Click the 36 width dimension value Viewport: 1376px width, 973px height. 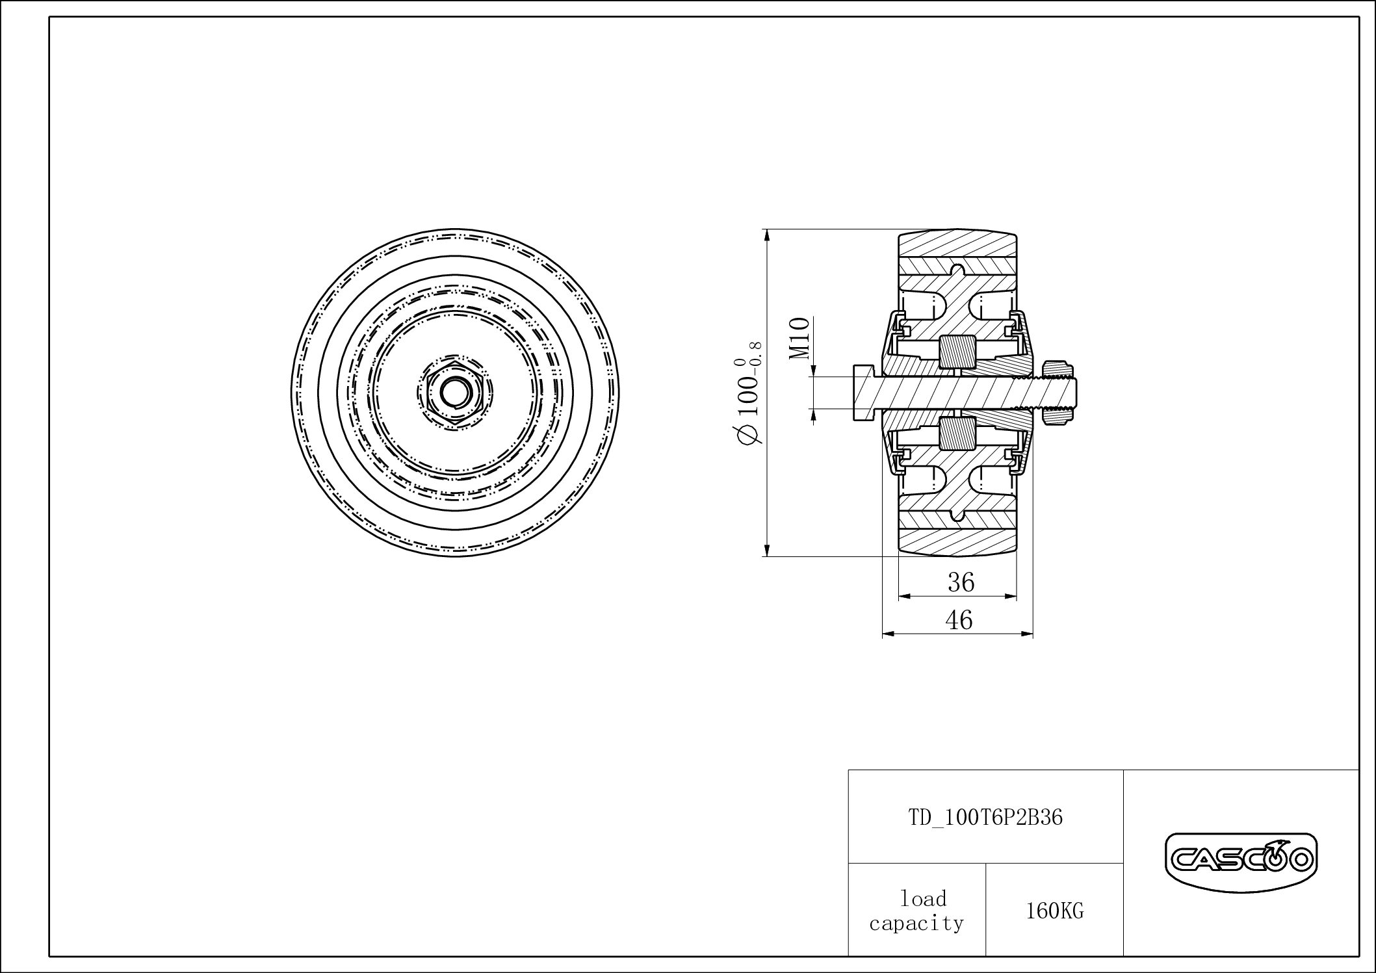(x=961, y=582)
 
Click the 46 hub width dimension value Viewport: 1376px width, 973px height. (x=959, y=620)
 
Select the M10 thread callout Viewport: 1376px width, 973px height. (x=800, y=338)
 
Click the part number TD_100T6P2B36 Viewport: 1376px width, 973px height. (x=985, y=818)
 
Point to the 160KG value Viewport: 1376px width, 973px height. (x=1054, y=911)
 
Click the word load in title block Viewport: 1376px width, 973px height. (x=923, y=899)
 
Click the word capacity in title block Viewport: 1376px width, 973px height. (x=916, y=924)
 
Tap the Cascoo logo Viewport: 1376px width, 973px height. (x=1240, y=861)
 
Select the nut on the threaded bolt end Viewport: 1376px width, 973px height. (x=1056, y=393)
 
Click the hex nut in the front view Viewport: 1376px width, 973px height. (x=454, y=393)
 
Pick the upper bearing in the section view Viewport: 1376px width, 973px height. (x=957, y=352)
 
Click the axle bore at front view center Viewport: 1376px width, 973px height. (x=454, y=393)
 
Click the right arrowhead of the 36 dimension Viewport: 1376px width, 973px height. (x=1011, y=595)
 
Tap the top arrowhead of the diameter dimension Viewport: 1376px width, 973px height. (x=768, y=235)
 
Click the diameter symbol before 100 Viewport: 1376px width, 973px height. (x=747, y=435)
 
